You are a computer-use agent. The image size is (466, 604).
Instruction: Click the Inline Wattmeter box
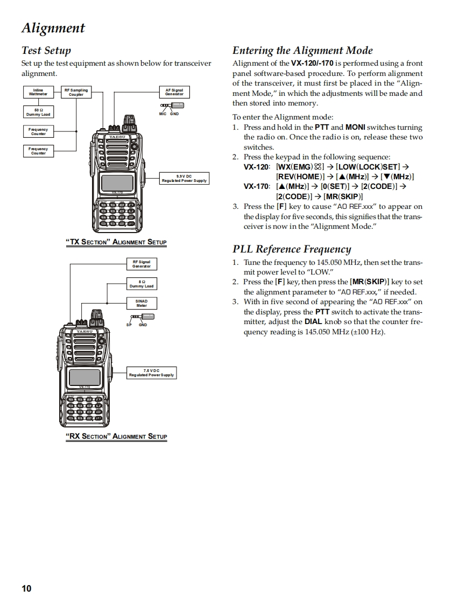(38, 92)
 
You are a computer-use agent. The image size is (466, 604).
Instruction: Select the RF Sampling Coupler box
(76, 92)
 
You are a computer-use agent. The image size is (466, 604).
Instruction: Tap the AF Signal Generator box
(174, 92)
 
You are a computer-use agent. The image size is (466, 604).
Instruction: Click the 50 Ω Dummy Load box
(38, 112)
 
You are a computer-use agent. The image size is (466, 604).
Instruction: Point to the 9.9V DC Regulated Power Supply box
(184, 178)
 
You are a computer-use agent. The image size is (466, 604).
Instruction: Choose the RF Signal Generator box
(142, 264)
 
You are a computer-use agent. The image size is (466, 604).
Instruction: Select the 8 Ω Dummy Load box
(142, 284)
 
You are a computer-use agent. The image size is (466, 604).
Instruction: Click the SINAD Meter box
(142, 303)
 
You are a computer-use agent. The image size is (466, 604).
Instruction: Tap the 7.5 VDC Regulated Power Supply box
(151, 373)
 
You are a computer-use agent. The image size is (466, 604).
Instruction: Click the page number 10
(26, 588)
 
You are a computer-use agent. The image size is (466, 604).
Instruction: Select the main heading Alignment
(53, 28)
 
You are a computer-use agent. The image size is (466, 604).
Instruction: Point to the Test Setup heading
(46, 51)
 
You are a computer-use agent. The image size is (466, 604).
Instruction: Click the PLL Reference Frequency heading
(292, 249)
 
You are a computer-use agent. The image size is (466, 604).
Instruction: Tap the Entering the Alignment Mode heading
(302, 51)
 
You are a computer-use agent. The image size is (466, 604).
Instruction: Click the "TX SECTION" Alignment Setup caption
(116, 242)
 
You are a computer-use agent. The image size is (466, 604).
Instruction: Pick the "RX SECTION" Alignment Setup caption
(116, 436)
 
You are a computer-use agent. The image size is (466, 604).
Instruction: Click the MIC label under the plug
(163, 114)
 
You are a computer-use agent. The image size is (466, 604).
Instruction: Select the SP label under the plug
(129, 325)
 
